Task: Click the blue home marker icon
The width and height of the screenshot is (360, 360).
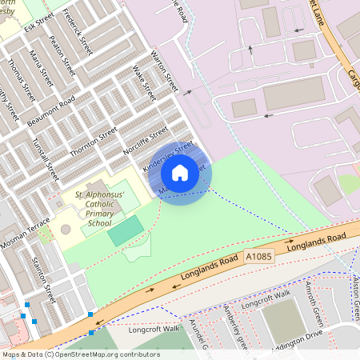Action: click(x=180, y=172)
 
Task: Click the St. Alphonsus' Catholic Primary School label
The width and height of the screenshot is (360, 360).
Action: click(x=100, y=210)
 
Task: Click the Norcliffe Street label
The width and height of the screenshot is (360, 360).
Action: click(x=146, y=138)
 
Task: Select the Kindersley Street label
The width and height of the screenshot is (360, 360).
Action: click(x=168, y=156)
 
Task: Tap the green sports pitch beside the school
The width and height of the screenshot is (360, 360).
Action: click(x=126, y=231)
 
